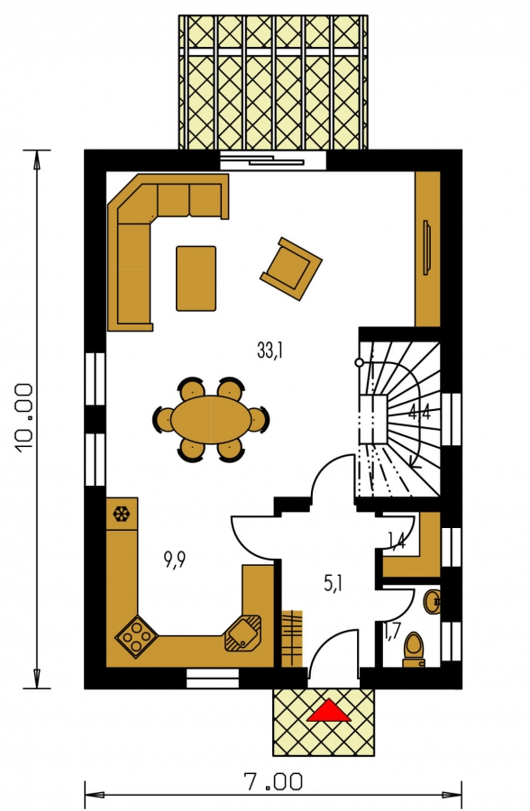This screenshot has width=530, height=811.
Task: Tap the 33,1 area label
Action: (270, 351)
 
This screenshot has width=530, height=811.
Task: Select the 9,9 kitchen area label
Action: (174, 560)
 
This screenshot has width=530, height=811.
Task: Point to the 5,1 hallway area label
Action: (333, 584)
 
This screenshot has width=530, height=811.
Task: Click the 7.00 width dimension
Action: (273, 782)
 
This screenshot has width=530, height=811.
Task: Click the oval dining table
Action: (212, 419)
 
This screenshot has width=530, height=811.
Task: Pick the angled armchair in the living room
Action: (291, 269)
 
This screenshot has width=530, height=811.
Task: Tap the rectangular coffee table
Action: (196, 278)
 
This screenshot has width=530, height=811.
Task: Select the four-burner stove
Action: (136, 637)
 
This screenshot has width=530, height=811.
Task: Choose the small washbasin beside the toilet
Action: (433, 601)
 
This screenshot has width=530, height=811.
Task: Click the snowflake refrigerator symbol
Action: (123, 515)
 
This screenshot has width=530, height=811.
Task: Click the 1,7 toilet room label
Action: (392, 632)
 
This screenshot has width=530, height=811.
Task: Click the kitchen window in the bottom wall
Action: (213, 678)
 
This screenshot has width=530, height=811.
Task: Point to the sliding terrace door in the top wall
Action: (273, 161)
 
